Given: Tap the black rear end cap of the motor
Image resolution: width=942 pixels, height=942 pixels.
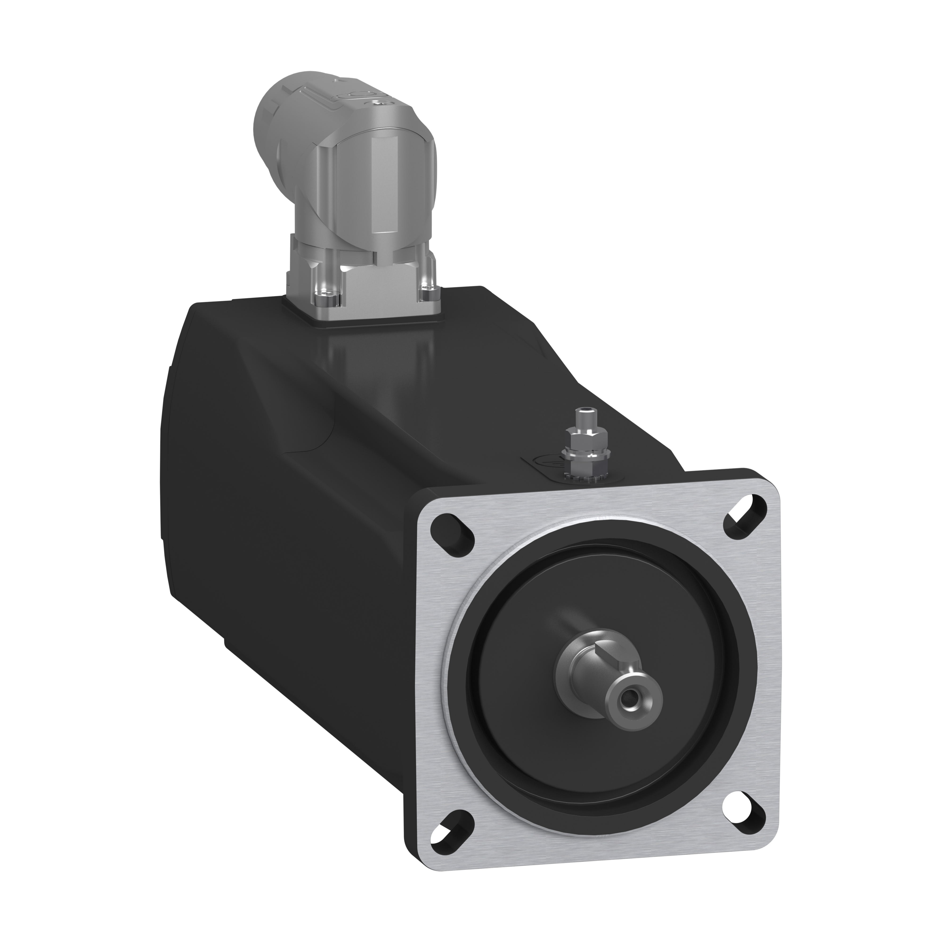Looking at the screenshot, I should tap(166, 463).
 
